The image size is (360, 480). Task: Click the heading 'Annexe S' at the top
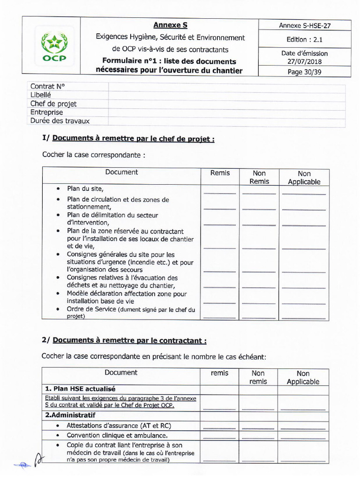(x=170, y=25)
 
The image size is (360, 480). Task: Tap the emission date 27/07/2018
(x=305, y=61)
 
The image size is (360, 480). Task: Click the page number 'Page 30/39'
(x=305, y=72)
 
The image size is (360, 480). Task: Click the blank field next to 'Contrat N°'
(x=227, y=87)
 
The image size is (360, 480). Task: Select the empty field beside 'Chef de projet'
(x=227, y=104)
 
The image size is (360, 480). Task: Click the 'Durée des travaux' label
(x=60, y=121)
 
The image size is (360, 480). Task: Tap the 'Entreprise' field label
(x=46, y=112)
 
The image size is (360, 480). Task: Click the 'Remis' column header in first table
(x=220, y=173)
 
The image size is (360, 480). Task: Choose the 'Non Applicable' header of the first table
(x=304, y=178)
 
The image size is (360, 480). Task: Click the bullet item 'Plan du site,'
(x=85, y=189)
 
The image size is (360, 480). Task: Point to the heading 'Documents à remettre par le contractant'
(x=129, y=341)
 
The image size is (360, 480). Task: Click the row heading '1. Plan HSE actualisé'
(x=80, y=389)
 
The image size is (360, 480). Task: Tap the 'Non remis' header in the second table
(x=258, y=377)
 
